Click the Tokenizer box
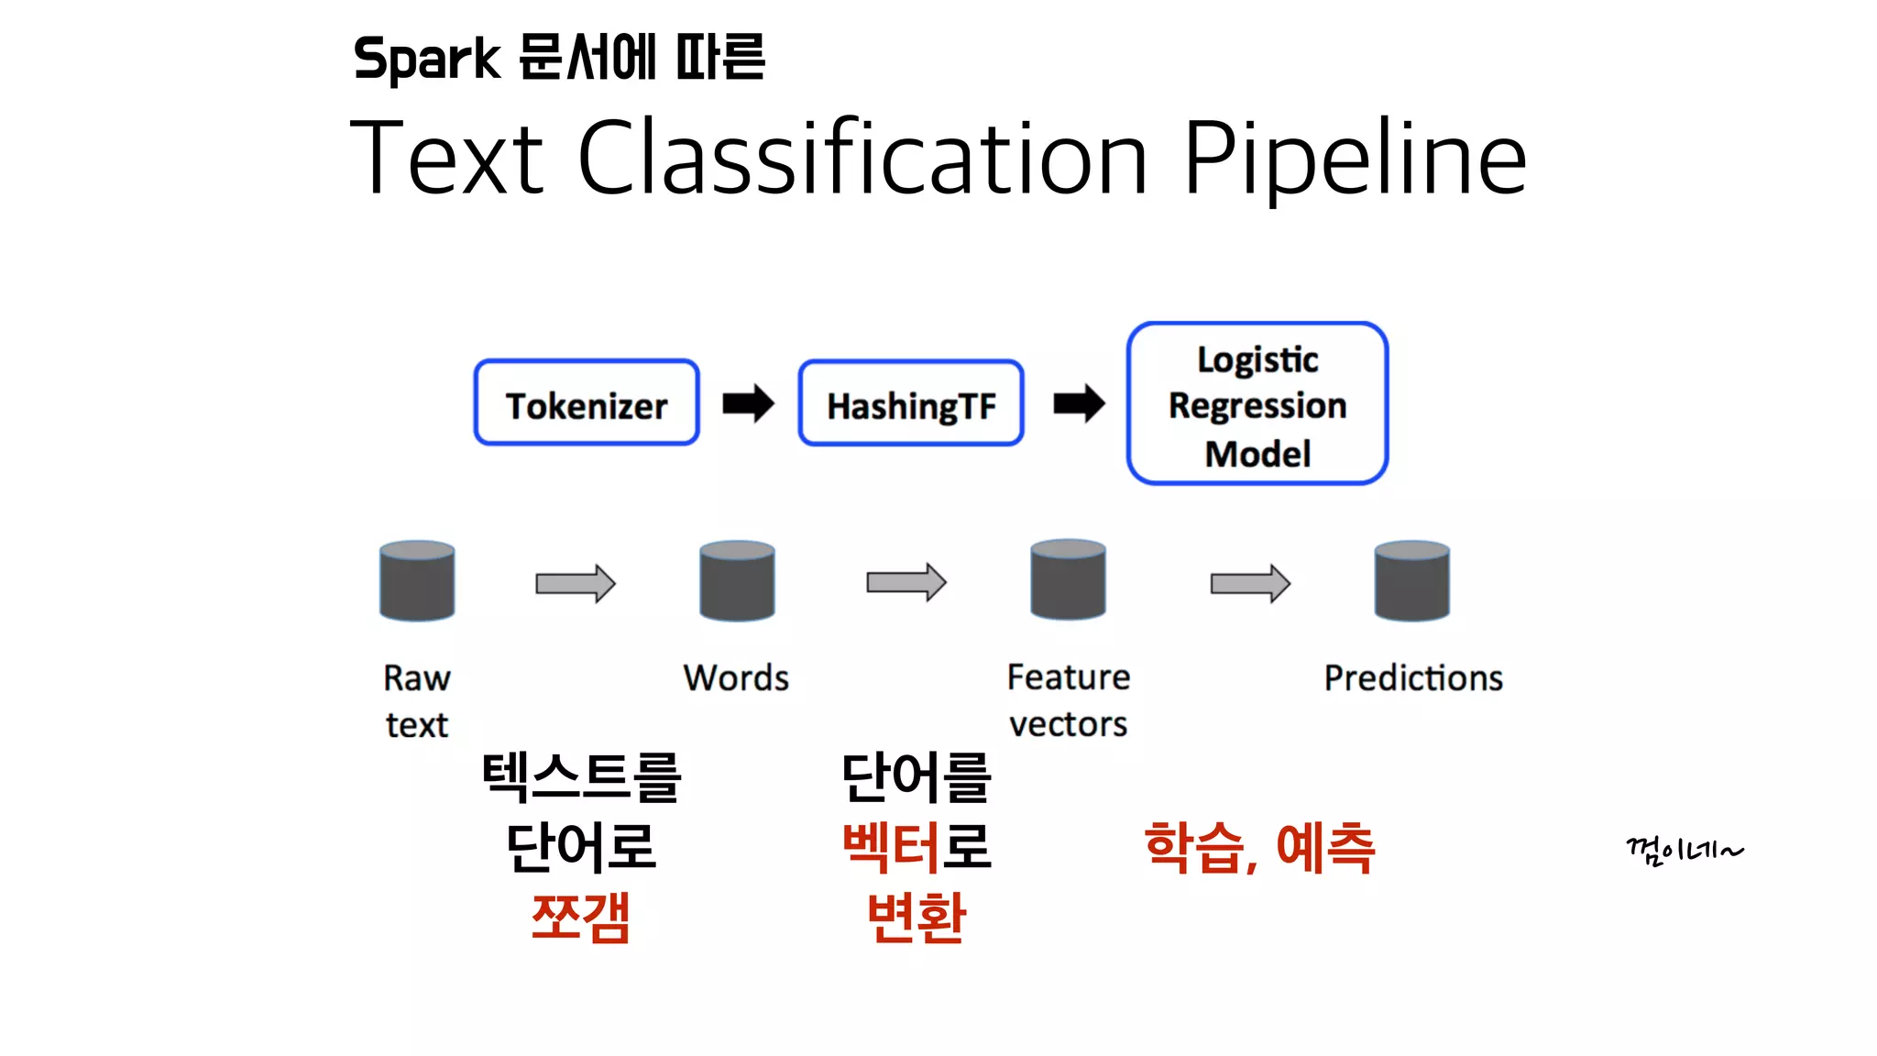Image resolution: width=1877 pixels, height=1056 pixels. pyautogui.click(x=587, y=403)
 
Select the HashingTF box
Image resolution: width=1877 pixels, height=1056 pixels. pyautogui.click(x=910, y=403)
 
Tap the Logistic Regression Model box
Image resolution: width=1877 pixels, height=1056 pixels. pyautogui.click(x=1257, y=403)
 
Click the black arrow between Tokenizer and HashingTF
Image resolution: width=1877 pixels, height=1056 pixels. pyautogui.click(x=748, y=403)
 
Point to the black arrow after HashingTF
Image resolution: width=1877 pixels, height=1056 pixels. pyautogui.click(x=1079, y=403)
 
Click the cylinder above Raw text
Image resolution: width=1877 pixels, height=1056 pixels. pyautogui.click(x=417, y=580)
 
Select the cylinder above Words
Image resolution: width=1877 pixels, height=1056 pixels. pyautogui.click(x=737, y=580)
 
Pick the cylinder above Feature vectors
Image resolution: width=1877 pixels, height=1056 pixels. pyautogui.click(x=1068, y=579)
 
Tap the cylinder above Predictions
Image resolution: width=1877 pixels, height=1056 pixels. pyautogui.click(x=1411, y=580)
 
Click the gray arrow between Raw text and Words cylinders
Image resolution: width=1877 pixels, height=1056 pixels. pyautogui.click(x=576, y=583)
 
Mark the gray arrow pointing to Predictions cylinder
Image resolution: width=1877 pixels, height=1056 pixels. pyautogui.click(x=1250, y=583)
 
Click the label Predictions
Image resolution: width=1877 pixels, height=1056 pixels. pyautogui.click(x=1413, y=678)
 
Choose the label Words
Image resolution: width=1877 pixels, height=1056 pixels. pyautogui.click(x=736, y=678)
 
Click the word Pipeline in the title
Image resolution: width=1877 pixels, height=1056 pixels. pyautogui.click(x=1355, y=159)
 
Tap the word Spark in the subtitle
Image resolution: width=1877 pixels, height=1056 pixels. pyautogui.click(x=426, y=60)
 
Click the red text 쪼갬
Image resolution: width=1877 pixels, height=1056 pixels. pyautogui.click(x=581, y=917)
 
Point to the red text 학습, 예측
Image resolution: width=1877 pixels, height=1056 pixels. pyautogui.click(x=1260, y=847)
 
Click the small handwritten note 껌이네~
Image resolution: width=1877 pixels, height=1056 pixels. pyautogui.click(x=1684, y=851)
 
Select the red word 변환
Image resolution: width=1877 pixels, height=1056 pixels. pyautogui.click(x=916, y=917)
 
